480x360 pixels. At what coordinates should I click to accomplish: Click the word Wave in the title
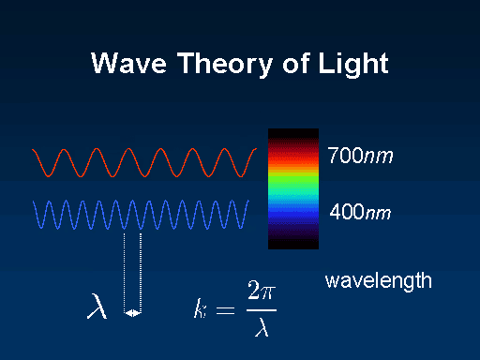pyautogui.click(x=125, y=65)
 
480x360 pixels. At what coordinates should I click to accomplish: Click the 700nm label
pyautogui.click(x=359, y=156)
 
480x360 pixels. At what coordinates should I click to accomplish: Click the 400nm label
pyautogui.click(x=359, y=213)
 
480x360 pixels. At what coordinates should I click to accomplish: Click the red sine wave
pyautogui.click(x=144, y=162)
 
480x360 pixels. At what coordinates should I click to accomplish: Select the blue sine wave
pyautogui.click(x=144, y=216)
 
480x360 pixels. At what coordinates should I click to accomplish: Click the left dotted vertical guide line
pyautogui.click(x=125, y=272)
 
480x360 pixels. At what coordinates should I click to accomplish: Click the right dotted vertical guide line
pyautogui.click(x=140, y=272)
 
